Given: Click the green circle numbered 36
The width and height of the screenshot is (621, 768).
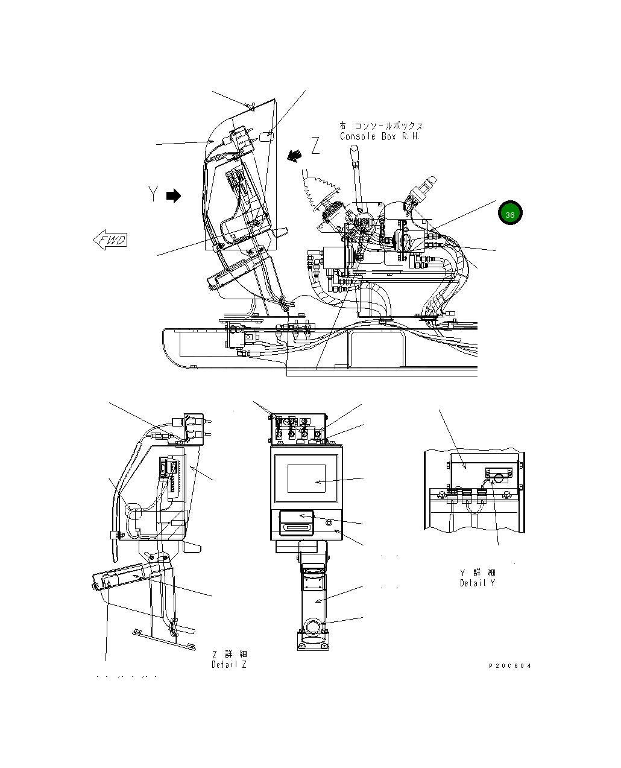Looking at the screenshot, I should coord(510,214).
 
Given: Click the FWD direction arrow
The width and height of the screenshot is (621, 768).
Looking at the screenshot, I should coord(110,240).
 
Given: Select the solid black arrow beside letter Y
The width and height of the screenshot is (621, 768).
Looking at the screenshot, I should coord(174,195).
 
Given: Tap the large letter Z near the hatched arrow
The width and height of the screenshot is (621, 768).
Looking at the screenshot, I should coord(316,145).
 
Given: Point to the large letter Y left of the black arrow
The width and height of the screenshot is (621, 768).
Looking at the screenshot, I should coord(154,194).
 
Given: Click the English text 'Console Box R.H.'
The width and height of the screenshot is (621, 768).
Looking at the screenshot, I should coord(380,136).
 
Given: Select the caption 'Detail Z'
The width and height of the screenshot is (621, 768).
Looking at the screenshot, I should coord(229,665).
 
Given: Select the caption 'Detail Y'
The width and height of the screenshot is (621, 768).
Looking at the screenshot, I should coord(478,583).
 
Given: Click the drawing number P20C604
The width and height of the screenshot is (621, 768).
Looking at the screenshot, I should coord(510,666).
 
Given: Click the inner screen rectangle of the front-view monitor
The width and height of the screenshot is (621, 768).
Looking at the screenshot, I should coord(306,478).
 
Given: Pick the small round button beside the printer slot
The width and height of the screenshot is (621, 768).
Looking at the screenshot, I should coord(329,523).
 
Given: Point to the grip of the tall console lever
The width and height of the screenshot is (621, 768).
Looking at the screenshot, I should coord(355,162).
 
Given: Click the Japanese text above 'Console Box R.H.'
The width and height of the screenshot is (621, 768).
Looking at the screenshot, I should coord(381,126).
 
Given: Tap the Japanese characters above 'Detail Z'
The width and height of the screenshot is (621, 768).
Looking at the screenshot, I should coord(230,654).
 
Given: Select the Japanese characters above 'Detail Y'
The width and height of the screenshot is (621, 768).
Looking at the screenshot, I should coord(478,573).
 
